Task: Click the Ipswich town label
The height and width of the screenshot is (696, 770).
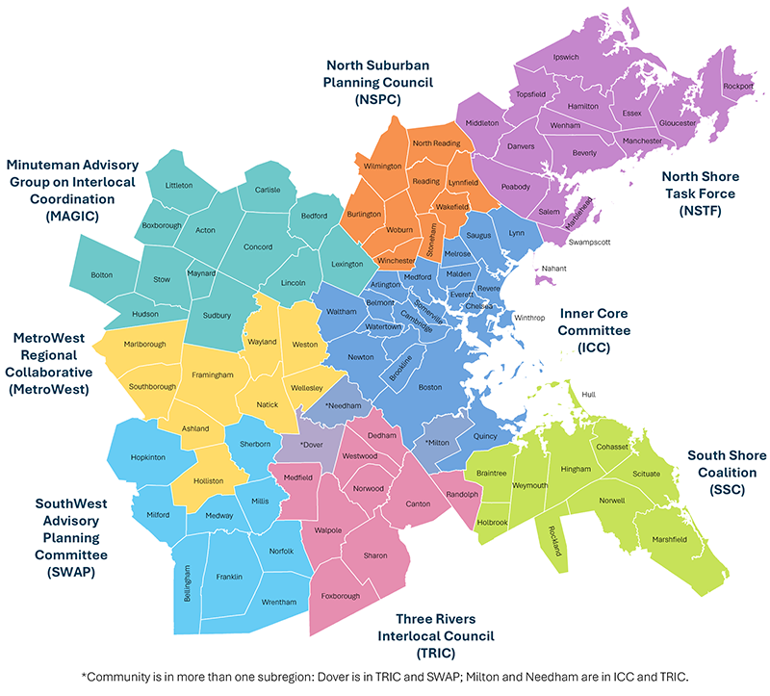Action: click(566, 57)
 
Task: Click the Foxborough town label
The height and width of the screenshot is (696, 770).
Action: click(342, 595)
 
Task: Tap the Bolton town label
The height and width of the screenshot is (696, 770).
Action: click(103, 275)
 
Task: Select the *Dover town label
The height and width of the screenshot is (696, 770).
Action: click(310, 445)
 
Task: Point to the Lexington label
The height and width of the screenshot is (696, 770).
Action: click(346, 264)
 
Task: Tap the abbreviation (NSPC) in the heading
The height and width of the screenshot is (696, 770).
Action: click(376, 99)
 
